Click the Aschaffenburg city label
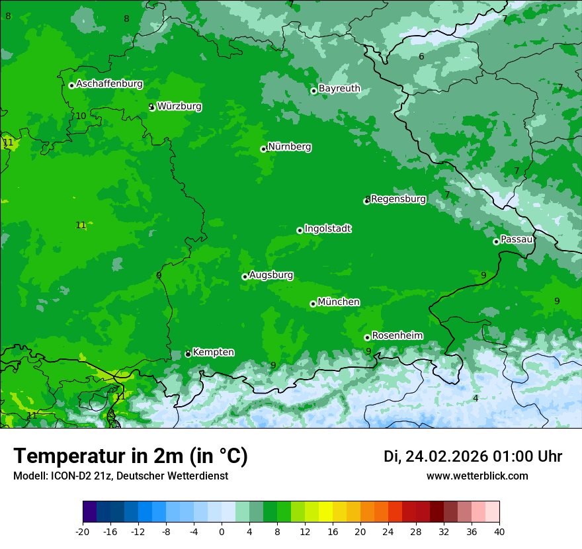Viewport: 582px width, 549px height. (x=109, y=84)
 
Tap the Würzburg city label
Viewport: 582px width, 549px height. (x=179, y=106)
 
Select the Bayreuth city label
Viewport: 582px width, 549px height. (x=339, y=89)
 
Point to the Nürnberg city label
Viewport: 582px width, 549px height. (x=289, y=147)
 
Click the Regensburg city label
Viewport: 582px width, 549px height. (x=398, y=198)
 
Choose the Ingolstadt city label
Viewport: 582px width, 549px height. (x=327, y=229)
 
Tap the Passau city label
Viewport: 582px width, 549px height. (x=517, y=239)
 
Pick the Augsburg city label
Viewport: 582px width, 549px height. (x=271, y=275)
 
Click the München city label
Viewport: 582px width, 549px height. (x=339, y=302)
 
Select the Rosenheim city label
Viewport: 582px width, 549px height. (x=397, y=336)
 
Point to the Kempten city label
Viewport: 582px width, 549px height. (x=213, y=353)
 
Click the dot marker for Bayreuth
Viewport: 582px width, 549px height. (x=314, y=91)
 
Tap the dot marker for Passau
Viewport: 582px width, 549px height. (x=496, y=241)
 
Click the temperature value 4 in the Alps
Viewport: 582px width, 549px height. (x=476, y=398)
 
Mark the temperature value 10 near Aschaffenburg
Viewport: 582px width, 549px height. (x=81, y=116)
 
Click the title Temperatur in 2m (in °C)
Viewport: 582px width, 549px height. (x=130, y=456)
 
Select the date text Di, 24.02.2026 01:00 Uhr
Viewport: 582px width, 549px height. (x=473, y=456)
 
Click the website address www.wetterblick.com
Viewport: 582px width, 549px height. (x=477, y=476)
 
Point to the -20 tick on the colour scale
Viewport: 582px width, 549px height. (x=83, y=531)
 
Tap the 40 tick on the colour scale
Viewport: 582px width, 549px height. (x=499, y=531)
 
